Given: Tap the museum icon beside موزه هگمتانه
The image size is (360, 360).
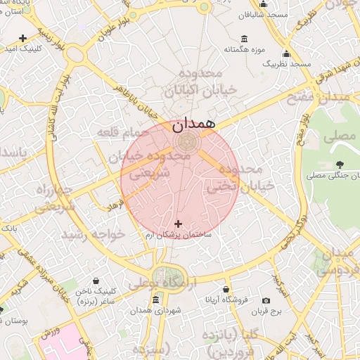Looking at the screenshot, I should [x=244, y=39].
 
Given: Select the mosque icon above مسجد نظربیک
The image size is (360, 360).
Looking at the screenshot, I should [x=286, y=54].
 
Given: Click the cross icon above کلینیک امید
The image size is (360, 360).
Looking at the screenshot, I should [x=23, y=38].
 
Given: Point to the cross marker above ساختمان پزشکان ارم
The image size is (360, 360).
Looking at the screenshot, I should [x=177, y=224].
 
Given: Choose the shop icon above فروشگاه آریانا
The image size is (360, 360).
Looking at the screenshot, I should [x=224, y=289].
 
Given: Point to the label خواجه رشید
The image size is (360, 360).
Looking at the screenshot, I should [x=93, y=234].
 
